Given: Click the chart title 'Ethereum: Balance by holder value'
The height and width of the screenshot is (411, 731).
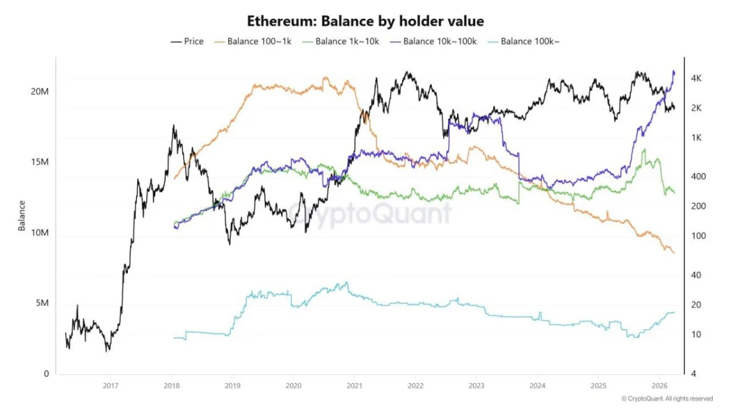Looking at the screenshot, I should pos(365,21).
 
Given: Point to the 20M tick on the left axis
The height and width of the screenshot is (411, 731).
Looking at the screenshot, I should pos(40,91).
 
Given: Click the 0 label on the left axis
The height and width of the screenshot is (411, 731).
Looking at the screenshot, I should pos(46,374).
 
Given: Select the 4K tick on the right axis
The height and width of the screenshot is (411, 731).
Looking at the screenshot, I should pos(696,79).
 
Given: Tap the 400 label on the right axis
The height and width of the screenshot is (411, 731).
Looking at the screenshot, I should pos(697,177).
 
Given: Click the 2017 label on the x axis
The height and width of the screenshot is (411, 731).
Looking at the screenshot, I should pos(110,385).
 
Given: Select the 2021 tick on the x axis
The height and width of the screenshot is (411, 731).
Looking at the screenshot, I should pos(355,385).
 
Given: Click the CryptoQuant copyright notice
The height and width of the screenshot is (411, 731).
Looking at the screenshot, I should pos(666,399).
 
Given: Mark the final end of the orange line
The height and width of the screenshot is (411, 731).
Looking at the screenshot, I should pos(674,253).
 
